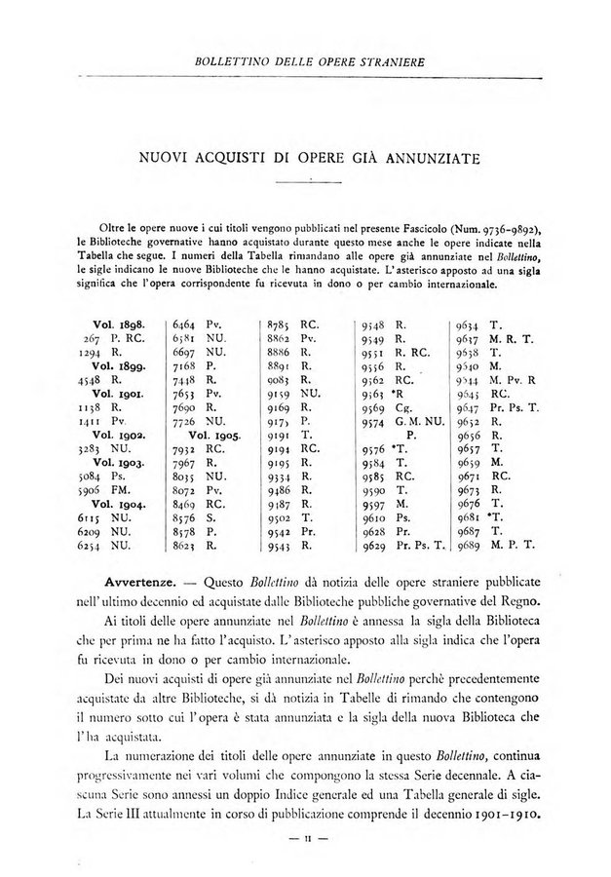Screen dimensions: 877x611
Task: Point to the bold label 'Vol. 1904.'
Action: click(x=118, y=507)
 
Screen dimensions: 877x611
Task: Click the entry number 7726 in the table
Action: click(x=186, y=422)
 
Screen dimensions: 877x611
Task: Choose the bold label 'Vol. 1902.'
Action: click(x=118, y=437)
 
